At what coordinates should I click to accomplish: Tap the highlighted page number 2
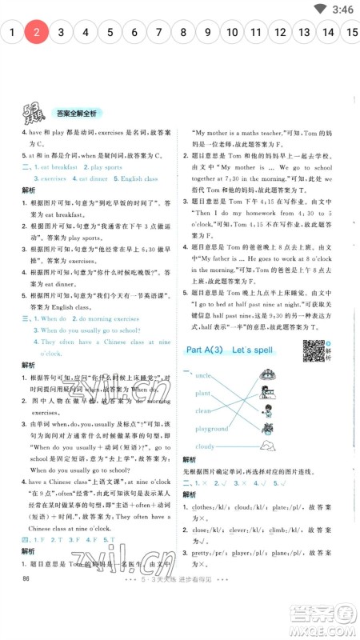37,33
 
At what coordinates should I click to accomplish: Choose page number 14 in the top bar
328,33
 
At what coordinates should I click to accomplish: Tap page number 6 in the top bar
134,33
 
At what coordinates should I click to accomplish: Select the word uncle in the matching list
203,375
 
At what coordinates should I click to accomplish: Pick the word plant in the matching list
202,393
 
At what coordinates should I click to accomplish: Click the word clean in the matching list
203,410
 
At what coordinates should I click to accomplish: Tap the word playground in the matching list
211,429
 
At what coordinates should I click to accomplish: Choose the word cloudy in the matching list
206,446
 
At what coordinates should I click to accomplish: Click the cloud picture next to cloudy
267,446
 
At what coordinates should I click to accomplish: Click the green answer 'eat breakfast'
55,167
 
